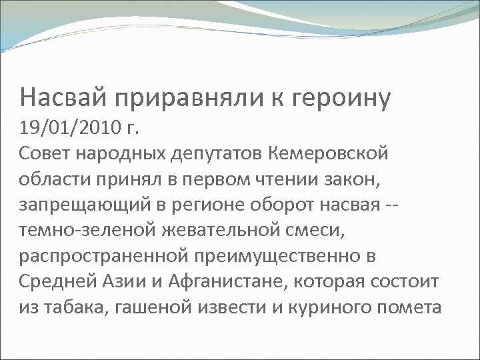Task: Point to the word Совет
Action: [x=45, y=155]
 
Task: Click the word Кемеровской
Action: [x=329, y=155]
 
